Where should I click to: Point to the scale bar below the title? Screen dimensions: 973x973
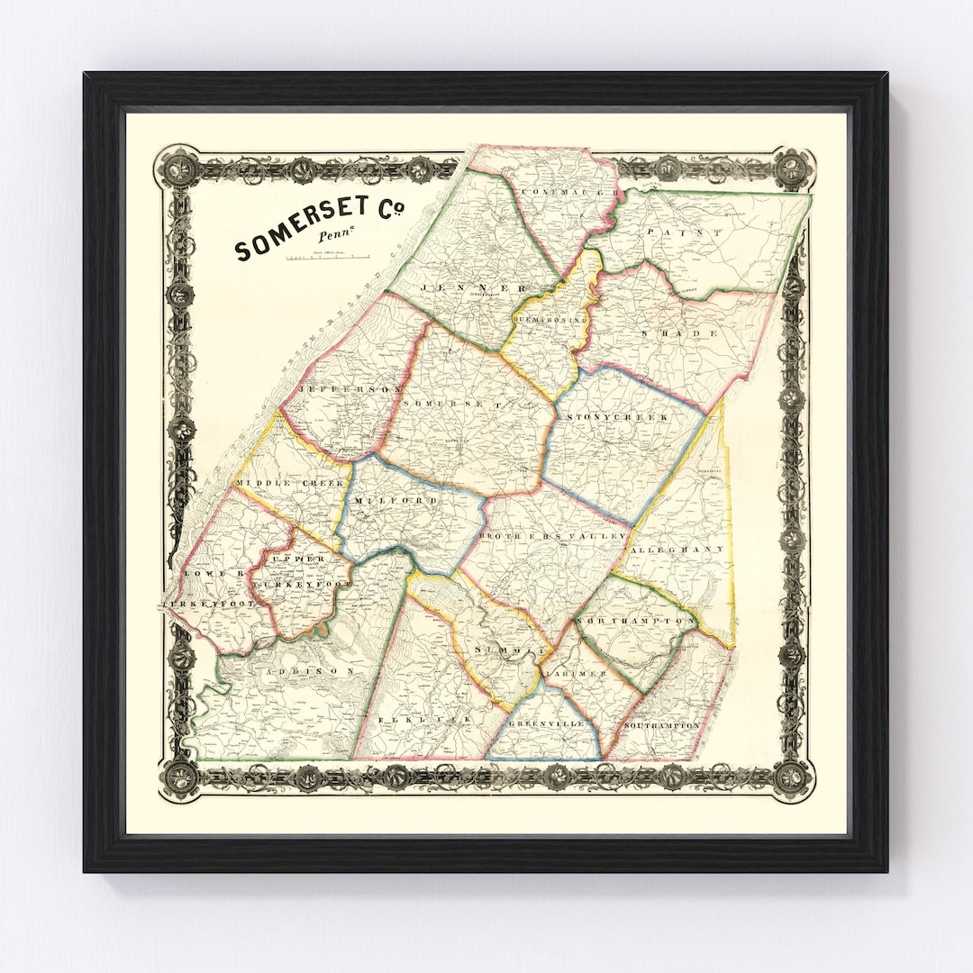(330, 259)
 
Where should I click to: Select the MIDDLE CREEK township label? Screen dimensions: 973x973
(290, 484)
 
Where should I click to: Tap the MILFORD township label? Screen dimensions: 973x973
(396, 500)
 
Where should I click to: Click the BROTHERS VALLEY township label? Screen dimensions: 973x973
(551, 536)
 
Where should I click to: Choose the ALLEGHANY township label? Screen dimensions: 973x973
(677, 549)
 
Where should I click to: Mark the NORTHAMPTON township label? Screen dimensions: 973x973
(635, 622)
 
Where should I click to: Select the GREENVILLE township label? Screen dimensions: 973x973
(545, 723)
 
